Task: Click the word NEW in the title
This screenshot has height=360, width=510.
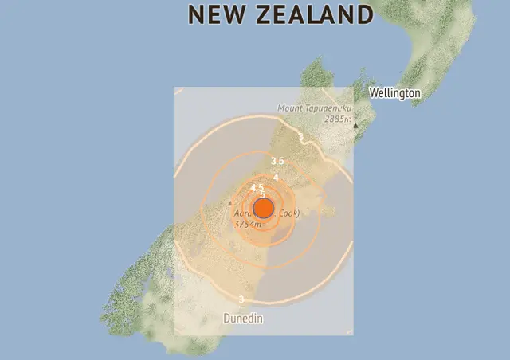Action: pyautogui.click(x=218, y=14)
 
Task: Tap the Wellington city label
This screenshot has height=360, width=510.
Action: pyautogui.click(x=394, y=93)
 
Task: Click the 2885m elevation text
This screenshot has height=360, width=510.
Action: pyautogui.click(x=336, y=119)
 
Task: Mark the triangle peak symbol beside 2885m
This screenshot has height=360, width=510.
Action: pyautogui.click(x=355, y=125)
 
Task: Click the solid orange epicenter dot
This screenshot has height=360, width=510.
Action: pyautogui.click(x=264, y=209)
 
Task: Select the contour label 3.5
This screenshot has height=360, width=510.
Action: pyautogui.click(x=277, y=162)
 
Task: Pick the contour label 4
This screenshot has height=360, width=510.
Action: pyautogui.click(x=276, y=177)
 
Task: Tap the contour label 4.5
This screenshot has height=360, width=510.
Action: pyautogui.click(x=257, y=187)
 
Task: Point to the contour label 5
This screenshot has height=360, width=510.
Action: pyautogui.click(x=262, y=194)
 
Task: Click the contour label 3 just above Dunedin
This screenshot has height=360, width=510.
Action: pyautogui.click(x=241, y=299)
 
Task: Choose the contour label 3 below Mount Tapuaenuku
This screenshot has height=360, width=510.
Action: pyautogui.click(x=300, y=137)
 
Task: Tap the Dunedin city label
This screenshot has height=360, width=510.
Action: pyautogui.click(x=242, y=319)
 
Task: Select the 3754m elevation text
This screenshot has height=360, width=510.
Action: pyautogui.click(x=248, y=224)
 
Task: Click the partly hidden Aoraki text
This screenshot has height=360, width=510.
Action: pyautogui.click(x=243, y=214)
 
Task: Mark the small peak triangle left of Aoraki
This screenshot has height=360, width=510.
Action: pyautogui.click(x=230, y=203)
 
